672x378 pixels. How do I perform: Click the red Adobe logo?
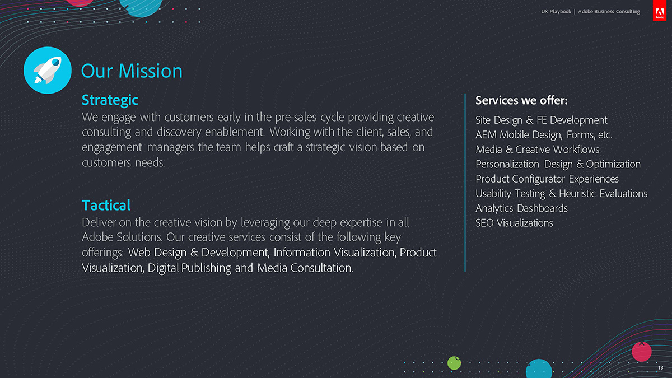pyautogui.click(x=660, y=11)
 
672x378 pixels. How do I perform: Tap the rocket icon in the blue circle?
pyautogui.click(x=48, y=70)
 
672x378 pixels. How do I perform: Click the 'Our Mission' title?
pyautogui.click(x=132, y=71)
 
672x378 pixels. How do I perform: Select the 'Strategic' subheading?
pyautogui.click(x=110, y=100)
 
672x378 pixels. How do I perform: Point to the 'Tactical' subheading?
pyautogui.click(x=106, y=205)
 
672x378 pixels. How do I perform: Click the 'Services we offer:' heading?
pyautogui.click(x=521, y=100)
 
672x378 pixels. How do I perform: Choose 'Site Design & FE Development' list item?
pyautogui.click(x=541, y=120)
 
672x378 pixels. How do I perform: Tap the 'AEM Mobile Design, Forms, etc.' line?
pyautogui.click(x=544, y=135)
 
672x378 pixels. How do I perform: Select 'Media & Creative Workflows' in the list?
pyautogui.click(x=537, y=150)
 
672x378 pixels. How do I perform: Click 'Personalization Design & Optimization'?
pyautogui.click(x=558, y=165)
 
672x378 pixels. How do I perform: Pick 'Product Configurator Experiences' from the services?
pyautogui.click(x=547, y=179)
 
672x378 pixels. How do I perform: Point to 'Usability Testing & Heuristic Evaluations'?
pyautogui.click(x=561, y=194)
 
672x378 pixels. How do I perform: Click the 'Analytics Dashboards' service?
pyautogui.click(x=521, y=208)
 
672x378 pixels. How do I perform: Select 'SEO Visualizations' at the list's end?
pyautogui.click(x=514, y=223)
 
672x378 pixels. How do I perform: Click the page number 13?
pyautogui.click(x=661, y=367)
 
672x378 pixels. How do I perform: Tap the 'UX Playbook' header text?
pyautogui.click(x=556, y=11)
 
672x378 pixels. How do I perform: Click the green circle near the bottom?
pyautogui.click(x=454, y=363)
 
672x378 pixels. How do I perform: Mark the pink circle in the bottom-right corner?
pyautogui.click(x=642, y=352)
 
